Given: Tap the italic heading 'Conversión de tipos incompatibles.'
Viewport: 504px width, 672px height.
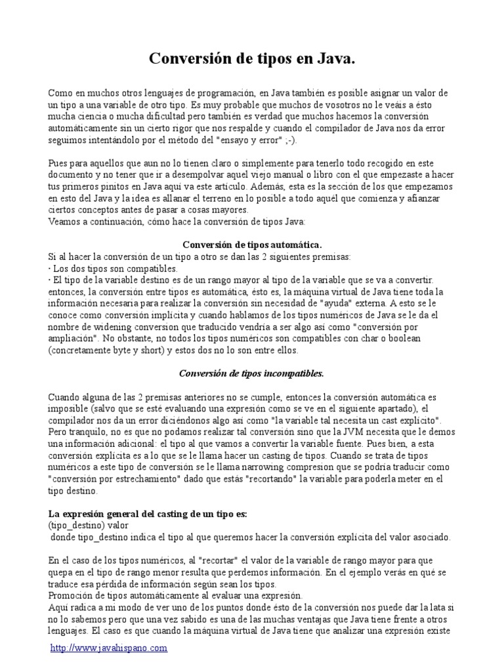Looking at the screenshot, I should (x=252, y=373).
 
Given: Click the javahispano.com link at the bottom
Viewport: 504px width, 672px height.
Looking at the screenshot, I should (x=109, y=648).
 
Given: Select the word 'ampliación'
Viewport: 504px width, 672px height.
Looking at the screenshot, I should (x=73, y=338).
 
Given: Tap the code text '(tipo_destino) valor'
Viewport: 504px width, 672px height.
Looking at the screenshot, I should (x=88, y=526).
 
